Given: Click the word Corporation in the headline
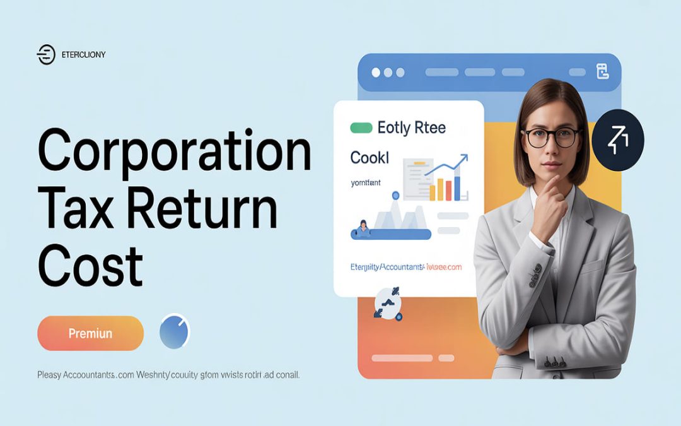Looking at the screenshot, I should pos(175,151).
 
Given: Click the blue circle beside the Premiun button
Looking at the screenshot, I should pos(175,333).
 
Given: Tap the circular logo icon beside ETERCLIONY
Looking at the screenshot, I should pos(46,55).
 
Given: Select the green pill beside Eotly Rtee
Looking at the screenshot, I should pos(361,128).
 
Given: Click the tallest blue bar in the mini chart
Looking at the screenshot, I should pos(457,187).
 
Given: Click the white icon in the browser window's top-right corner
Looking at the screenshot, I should pos(602,71).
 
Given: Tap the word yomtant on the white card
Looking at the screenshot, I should pos(366,182).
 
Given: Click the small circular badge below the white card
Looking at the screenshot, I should pos(388,302).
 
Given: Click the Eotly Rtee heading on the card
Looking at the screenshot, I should pos(411,128).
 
